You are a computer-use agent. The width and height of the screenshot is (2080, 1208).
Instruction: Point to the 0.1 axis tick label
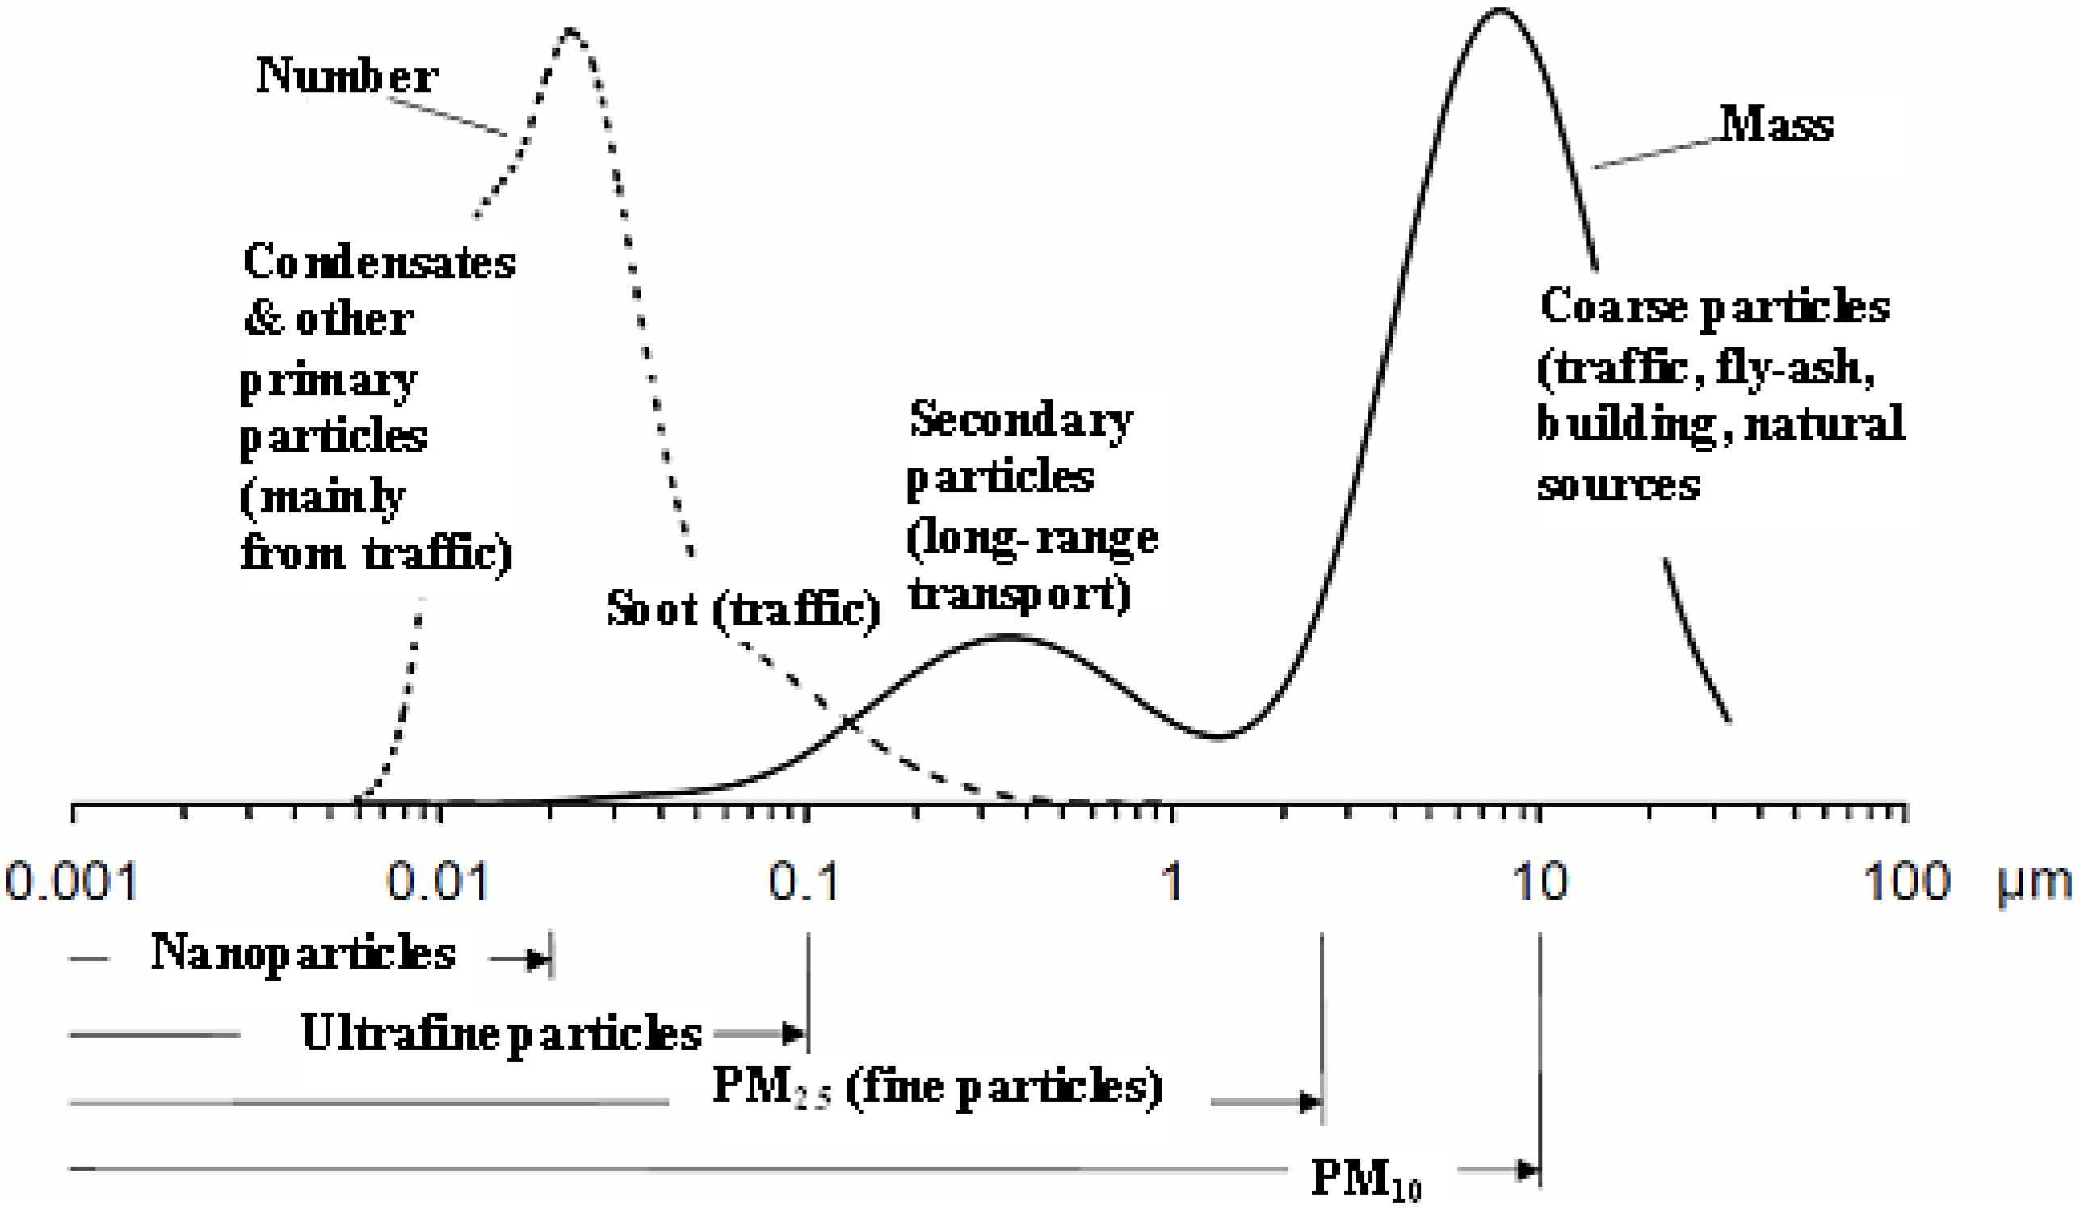coord(804,881)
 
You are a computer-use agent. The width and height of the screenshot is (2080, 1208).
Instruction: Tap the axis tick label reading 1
coord(1172,881)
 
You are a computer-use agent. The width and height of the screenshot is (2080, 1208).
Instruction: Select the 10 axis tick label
coord(1540,881)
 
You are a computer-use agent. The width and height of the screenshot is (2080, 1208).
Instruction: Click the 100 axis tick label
coord(1906,881)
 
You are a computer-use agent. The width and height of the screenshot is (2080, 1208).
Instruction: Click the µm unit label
coord(2034,882)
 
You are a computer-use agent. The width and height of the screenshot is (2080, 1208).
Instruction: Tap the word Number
coord(347,76)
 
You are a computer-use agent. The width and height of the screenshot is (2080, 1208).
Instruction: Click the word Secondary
coord(1021,419)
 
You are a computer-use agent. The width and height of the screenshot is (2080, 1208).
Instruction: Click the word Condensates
coord(379,262)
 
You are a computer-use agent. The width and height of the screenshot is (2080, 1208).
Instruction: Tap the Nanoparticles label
coord(303,953)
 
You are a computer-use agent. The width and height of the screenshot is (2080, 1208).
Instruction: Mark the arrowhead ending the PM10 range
coord(1528,1170)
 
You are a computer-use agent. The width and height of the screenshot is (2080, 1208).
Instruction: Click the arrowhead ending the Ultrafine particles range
coord(794,1033)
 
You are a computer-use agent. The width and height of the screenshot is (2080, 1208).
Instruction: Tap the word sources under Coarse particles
coord(1618,485)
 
